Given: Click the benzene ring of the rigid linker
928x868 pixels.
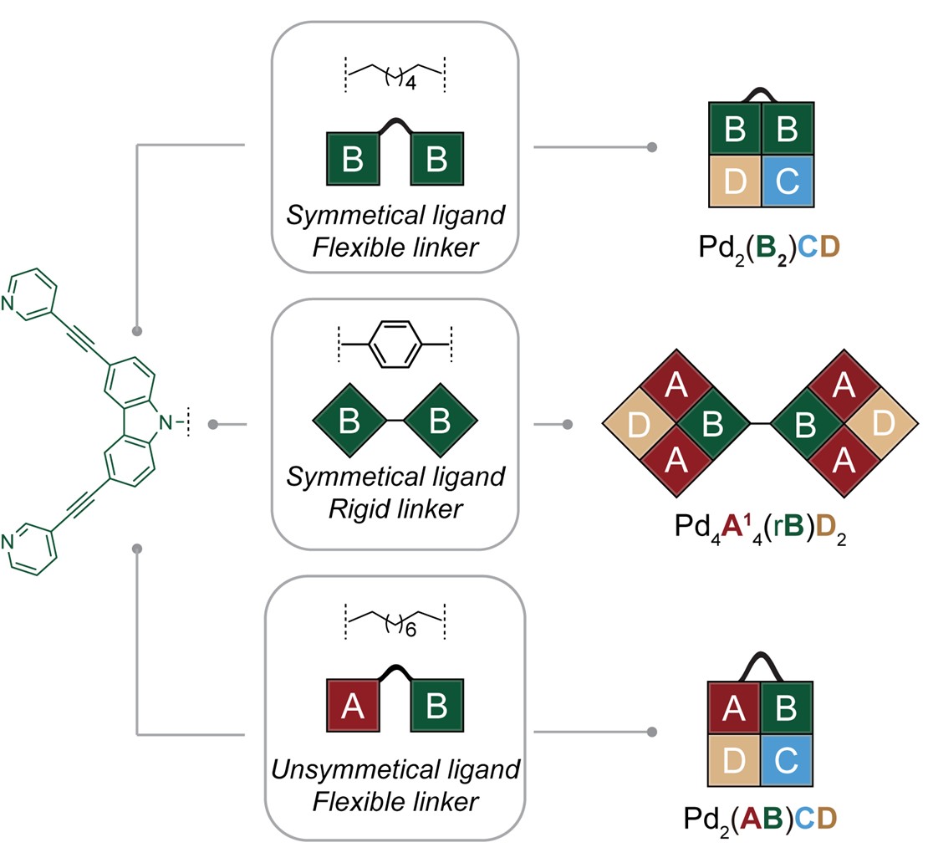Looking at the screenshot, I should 395,342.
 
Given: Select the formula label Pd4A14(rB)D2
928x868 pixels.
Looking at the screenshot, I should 761,528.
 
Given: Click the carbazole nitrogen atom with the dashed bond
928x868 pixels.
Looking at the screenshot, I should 168,424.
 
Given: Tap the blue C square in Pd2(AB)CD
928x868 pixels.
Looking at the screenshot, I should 788,762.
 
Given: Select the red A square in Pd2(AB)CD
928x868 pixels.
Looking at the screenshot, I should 734,709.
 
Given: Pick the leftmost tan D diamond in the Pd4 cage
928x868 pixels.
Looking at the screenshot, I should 638,424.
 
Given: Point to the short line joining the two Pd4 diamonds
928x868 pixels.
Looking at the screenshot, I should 760,424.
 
